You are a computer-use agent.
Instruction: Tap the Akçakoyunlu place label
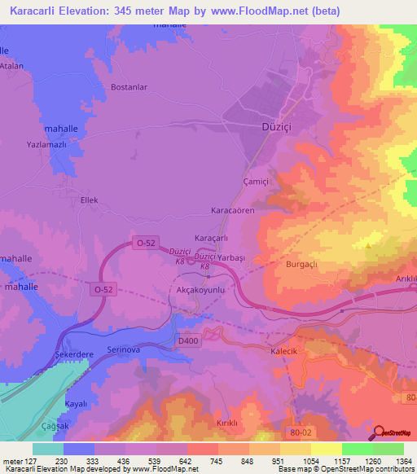[200, 289]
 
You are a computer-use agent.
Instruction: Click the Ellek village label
[89, 198]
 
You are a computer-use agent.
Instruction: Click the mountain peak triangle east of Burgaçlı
[370, 244]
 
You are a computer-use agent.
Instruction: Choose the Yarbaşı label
[231, 257]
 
